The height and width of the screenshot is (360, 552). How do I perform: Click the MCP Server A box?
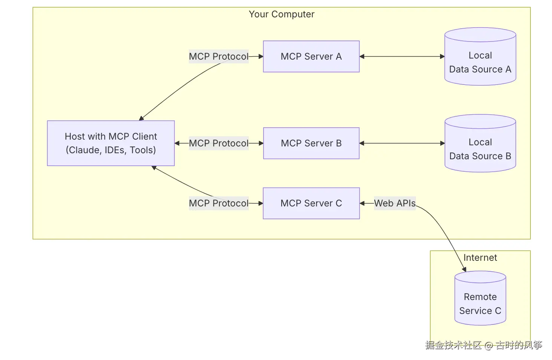tap(311, 57)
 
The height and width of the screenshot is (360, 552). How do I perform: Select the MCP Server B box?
tap(311, 143)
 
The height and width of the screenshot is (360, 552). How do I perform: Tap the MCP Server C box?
tap(311, 203)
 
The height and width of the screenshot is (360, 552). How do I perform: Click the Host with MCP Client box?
tap(110, 143)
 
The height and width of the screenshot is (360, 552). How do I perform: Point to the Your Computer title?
tap(281, 14)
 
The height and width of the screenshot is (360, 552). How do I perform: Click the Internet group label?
tap(480, 258)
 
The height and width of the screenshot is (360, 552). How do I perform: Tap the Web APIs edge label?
tap(394, 203)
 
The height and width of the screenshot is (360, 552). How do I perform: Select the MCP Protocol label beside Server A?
tap(219, 57)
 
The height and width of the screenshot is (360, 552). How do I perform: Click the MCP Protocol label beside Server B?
tap(219, 143)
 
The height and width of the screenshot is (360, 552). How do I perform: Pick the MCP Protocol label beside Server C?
tap(219, 203)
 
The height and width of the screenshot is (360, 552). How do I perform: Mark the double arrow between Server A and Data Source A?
tap(402, 57)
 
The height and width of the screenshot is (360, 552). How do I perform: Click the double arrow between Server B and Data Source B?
tap(402, 143)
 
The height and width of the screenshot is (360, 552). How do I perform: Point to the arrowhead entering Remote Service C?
tap(465, 269)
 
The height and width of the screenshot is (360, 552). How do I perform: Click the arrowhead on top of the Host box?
tap(141, 118)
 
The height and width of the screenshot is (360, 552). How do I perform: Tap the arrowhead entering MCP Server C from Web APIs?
tap(362, 203)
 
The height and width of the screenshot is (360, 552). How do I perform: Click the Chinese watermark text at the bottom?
tap(483, 345)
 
